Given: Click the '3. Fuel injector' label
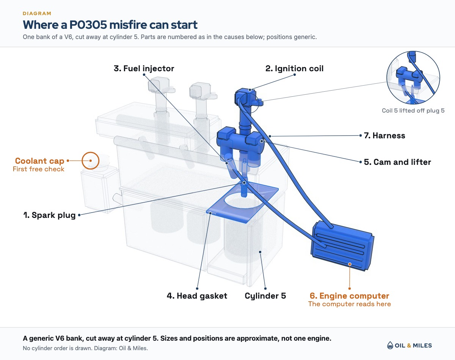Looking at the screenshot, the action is pyautogui.click(x=144, y=69).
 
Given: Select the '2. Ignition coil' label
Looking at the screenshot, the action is pyautogui.click(x=294, y=69).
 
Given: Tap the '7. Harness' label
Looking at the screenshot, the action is pyautogui.click(x=384, y=136).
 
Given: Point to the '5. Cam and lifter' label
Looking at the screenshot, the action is pyautogui.click(x=397, y=162).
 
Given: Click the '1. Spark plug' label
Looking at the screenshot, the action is pyautogui.click(x=49, y=215).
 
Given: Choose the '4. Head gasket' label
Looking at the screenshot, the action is pyautogui.click(x=197, y=296).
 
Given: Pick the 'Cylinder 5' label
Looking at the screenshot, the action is pyautogui.click(x=265, y=296).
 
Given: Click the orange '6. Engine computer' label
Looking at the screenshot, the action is pyautogui.click(x=349, y=296).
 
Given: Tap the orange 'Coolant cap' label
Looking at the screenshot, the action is pyautogui.click(x=39, y=161).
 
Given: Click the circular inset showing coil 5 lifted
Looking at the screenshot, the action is pyautogui.click(x=413, y=78).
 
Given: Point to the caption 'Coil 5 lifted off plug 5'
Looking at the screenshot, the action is pyautogui.click(x=413, y=111).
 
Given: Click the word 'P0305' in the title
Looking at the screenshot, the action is pyautogui.click(x=88, y=25).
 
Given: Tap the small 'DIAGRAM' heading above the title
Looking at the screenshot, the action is pyautogui.click(x=37, y=14).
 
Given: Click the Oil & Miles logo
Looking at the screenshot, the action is pyautogui.click(x=409, y=346).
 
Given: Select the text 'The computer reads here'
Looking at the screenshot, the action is pyautogui.click(x=349, y=304).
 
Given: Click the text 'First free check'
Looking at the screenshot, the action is pyautogui.click(x=38, y=169).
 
